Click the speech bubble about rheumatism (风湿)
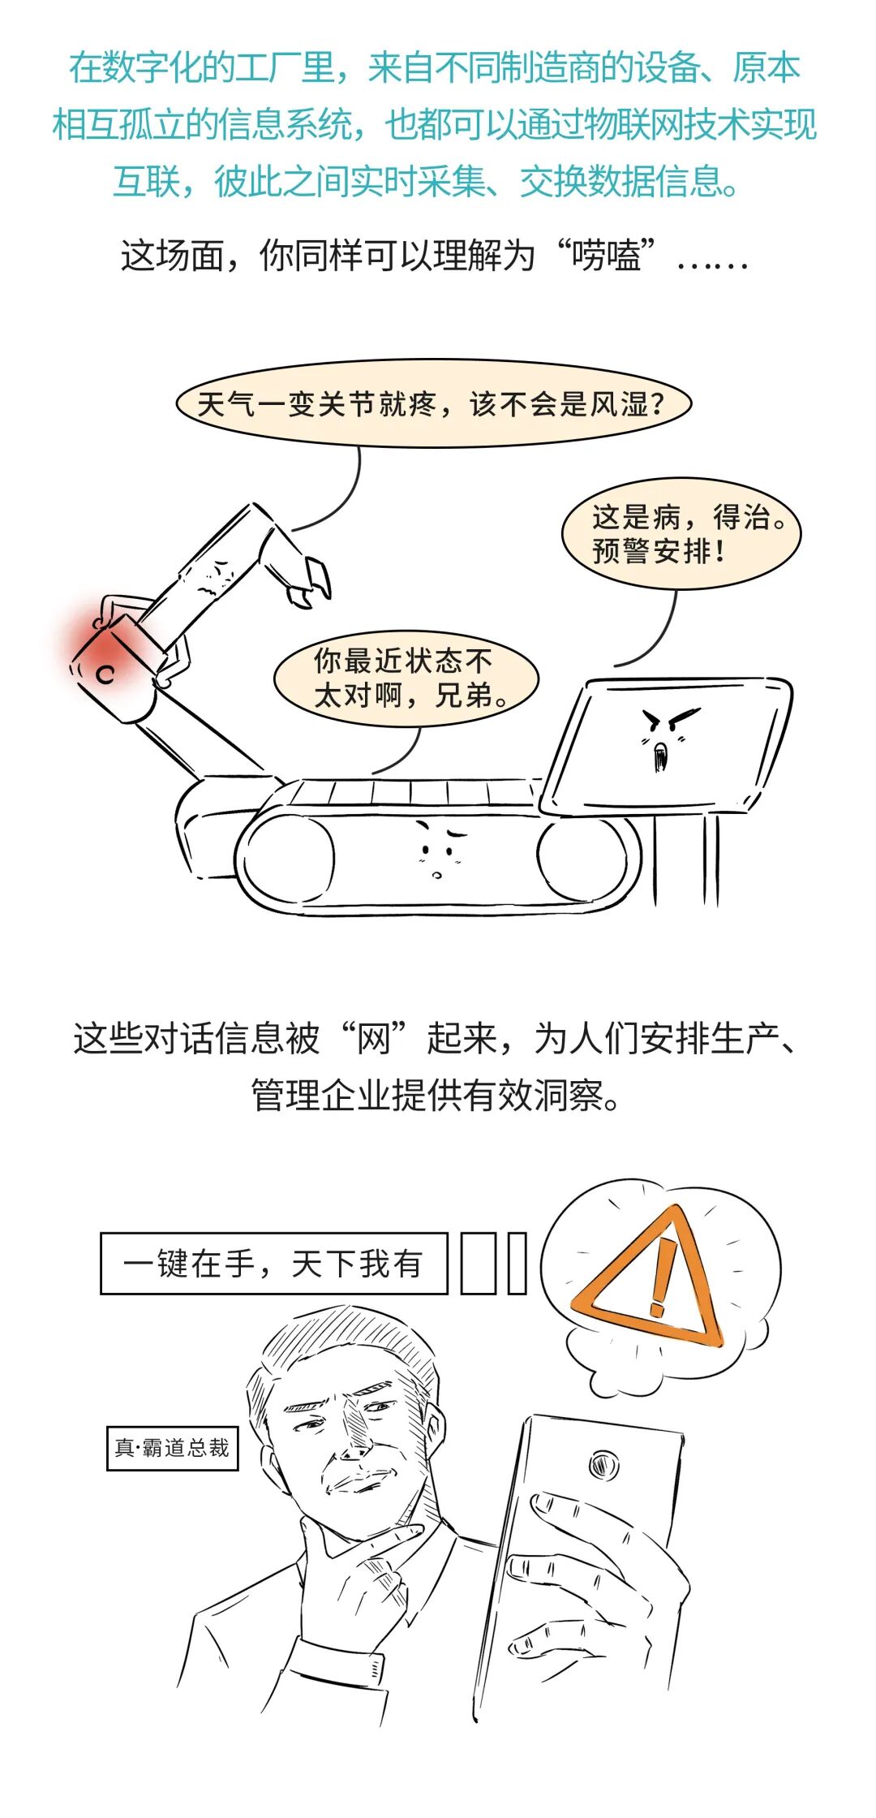point(433,403)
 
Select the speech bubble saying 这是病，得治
point(681,533)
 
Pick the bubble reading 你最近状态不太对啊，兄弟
point(406,678)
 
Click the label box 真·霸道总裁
point(172,1448)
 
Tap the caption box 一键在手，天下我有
point(274,1264)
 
